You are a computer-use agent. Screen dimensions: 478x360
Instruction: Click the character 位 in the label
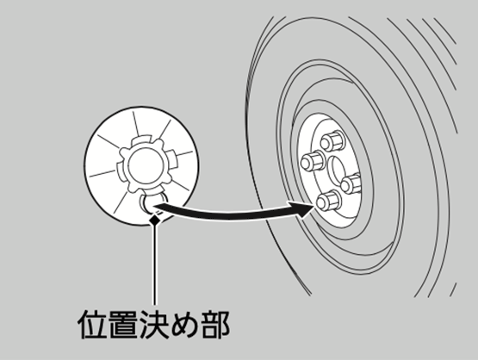coord(92,324)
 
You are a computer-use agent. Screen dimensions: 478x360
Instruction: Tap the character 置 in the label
coord(123,324)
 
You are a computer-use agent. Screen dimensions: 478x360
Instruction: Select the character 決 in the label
coord(154,324)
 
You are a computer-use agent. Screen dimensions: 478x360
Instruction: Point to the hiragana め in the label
coord(184,325)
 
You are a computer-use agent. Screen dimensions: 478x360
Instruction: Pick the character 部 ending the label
coord(215,324)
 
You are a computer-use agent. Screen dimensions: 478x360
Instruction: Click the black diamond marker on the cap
coord(156,220)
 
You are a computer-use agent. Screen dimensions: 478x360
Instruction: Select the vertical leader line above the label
coord(155,264)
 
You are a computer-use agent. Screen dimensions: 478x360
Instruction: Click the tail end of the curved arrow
coord(156,207)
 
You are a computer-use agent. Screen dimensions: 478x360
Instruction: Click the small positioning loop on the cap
coord(152,202)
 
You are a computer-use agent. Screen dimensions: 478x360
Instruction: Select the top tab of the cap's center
coord(141,140)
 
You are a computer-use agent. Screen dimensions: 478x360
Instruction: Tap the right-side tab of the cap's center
coord(172,158)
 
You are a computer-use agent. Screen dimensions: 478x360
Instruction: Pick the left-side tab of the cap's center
coord(121,173)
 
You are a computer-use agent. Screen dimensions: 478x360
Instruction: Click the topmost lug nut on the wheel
coord(332,141)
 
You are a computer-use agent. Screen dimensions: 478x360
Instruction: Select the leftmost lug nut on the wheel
coord(313,161)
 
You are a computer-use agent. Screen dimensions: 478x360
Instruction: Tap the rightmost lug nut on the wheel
coord(351,183)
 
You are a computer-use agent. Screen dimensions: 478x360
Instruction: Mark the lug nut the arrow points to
coord(329,201)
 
